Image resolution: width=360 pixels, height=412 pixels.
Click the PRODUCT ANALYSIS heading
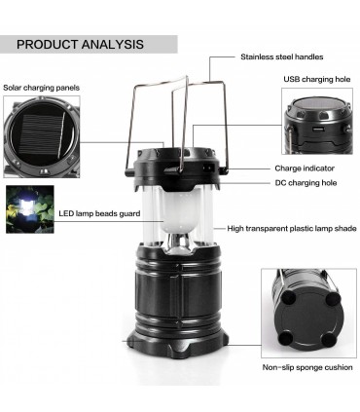pyautogui.click(x=80, y=44)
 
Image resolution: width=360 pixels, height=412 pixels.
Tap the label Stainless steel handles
pyautogui.click(x=282, y=56)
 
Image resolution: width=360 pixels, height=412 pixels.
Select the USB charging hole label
pyautogui.click(x=317, y=79)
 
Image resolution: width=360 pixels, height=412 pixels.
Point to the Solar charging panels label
pyautogui.click(x=41, y=88)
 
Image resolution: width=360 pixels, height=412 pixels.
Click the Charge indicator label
pyautogui.click(x=305, y=169)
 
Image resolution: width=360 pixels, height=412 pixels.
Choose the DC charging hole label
pyautogui.click(x=306, y=183)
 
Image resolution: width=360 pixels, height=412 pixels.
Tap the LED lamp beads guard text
pyautogui.click(x=99, y=213)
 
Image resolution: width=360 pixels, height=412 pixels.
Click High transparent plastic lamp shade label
pyautogui.click(x=292, y=229)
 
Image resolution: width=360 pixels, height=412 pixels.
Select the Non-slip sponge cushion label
pyautogui.click(x=307, y=367)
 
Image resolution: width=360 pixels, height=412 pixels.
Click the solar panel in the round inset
pyautogui.click(x=40, y=134)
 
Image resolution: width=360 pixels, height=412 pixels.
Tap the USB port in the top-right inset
pyautogui.click(x=317, y=130)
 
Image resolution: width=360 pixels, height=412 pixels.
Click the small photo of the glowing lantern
pyautogui.click(x=30, y=209)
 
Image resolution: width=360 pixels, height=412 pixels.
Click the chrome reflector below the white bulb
pyautogui.click(x=179, y=242)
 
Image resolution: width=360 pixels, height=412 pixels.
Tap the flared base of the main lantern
pyautogui.click(x=177, y=343)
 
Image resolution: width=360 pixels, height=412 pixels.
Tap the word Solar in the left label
pyautogui.click(x=13, y=88)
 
